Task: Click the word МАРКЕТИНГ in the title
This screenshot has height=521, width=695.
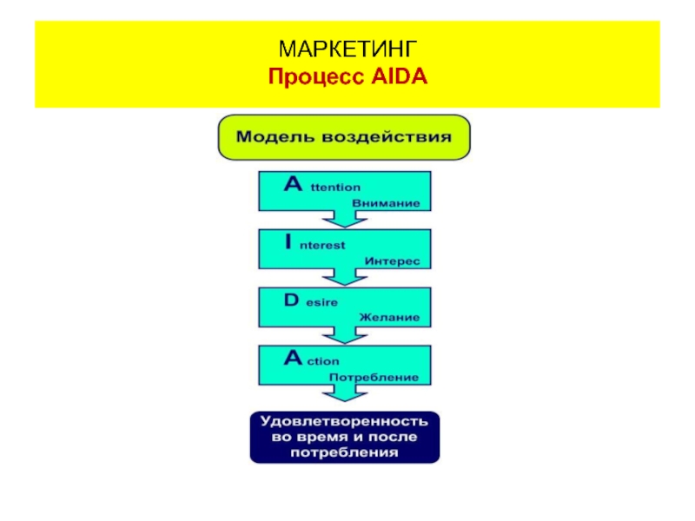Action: click(x=347, y=49)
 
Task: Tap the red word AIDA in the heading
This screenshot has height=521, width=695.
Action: click(x=399, y=76)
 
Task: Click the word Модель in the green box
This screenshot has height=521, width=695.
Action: click(x=275, y=136)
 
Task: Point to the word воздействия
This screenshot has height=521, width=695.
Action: click(x=386, y=137)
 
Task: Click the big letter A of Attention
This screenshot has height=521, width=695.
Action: click(x=293, y=183)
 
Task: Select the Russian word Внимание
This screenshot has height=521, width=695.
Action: click(x=386, y=203)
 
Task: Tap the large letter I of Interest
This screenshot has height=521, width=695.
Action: click(x=288, y=241)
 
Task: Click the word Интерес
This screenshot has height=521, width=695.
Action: click(x=392, y=261)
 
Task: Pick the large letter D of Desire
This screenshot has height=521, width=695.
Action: click(x=292, y=300)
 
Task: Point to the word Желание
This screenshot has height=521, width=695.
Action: click(x=389, y=317)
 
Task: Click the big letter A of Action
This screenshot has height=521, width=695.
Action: click(x=293, y=358)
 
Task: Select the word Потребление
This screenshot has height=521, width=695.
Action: click(x=374, y=378)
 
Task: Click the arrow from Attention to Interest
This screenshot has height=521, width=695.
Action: click(x=345, y=219)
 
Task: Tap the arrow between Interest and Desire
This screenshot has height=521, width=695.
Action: click(x=345, y=277)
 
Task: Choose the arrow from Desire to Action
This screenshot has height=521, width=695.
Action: click(x=345, y=335)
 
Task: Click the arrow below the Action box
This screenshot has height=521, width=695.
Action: click(x=345, y=393)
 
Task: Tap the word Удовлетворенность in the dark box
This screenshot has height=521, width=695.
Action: click(x=344, y=421)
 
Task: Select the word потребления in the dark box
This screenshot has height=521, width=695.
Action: click(x=344, y=452)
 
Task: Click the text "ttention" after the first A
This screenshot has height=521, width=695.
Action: click(x=335, y=188)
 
